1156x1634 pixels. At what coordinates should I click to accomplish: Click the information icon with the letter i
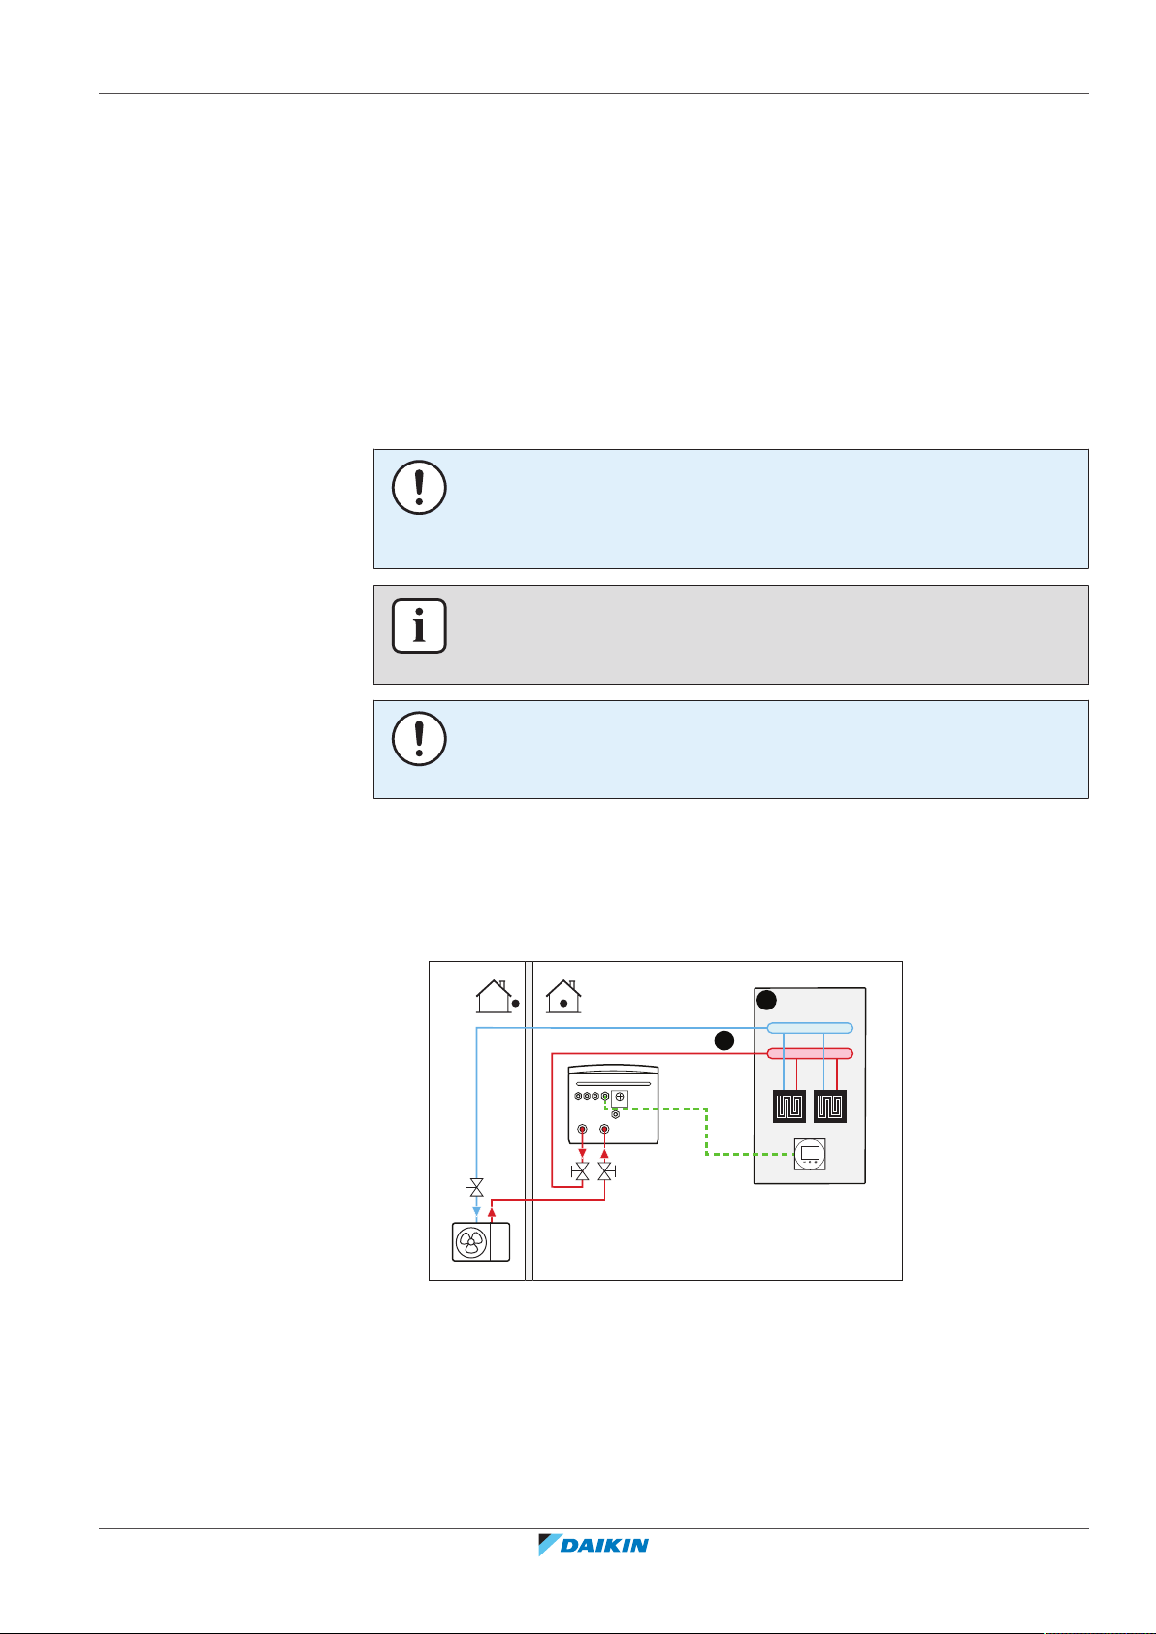coord(419,625)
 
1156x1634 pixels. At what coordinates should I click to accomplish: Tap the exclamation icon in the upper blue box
coord(419,487)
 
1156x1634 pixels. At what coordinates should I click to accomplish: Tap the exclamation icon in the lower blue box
coord(419,739)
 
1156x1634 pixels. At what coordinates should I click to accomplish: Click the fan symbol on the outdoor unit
coord(471,1242)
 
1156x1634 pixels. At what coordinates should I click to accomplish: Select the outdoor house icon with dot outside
coord(495,996)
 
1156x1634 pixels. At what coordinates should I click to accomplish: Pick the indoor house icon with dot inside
coord(562,996)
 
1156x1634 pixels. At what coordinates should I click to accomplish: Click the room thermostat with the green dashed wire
coord(811,1154)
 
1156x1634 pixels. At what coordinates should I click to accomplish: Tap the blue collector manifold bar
coord(810,1028)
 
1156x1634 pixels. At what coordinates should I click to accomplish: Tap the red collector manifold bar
coord(810,1053)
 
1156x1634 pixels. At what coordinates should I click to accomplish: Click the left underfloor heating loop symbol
coord(789,1106)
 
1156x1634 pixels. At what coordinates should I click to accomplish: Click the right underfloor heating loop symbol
coord(831,1106)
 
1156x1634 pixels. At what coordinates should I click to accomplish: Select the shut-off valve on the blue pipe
coord(475,1187)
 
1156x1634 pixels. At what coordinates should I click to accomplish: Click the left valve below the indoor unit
coord(581,1172)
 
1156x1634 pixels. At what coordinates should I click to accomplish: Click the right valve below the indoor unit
coord(605,1172)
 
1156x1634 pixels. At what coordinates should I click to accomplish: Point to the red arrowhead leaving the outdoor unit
coord(492,1212)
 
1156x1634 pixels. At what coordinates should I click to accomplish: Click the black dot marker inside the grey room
coord(766,1000)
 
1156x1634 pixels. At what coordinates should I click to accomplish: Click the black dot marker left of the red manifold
coord(723,1041)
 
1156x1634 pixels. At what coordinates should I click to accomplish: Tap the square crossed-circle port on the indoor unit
coord(620,1097)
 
